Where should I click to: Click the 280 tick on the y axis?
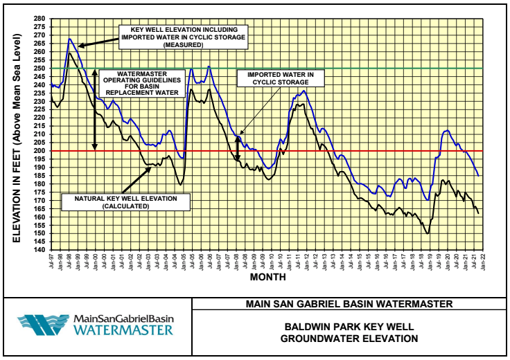(39, 19)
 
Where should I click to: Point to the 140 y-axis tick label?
(39, 251)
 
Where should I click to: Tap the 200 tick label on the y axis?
(39, 151)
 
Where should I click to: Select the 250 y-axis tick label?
(39, 69)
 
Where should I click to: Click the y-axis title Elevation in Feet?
(15, 134)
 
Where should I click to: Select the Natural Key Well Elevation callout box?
(126, 201)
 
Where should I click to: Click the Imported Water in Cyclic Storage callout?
(281, 78)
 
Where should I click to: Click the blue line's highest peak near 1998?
(69, 39)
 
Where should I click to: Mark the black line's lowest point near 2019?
(428, 233)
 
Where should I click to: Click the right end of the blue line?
(478, 175)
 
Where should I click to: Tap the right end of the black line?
(478, 213)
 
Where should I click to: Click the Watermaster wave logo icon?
(43, 325)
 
